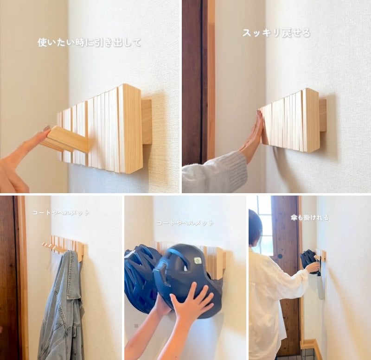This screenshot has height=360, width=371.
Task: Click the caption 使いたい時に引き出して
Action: [89, 43]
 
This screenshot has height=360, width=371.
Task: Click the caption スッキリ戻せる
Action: [276, 33]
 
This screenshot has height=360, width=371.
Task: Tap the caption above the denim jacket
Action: [60, 213]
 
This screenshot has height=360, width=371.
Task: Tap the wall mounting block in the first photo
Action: [147, 121]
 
